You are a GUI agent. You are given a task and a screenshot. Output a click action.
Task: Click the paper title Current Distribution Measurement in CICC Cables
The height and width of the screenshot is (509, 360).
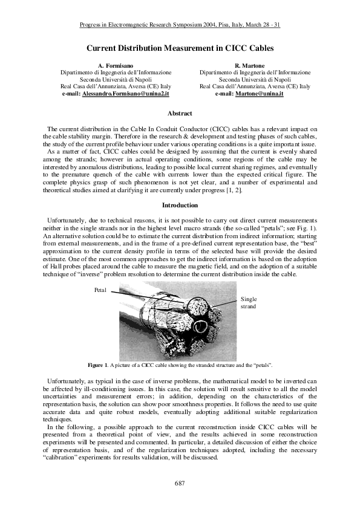[x=180, y=47]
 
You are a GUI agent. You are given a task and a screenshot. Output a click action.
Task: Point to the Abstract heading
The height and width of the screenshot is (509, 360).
[x=180, y=114]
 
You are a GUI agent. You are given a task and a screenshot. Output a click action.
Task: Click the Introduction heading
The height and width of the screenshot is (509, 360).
[x=180, y=205]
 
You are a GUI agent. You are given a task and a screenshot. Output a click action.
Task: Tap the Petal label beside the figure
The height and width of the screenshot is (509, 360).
[x=100, y=290]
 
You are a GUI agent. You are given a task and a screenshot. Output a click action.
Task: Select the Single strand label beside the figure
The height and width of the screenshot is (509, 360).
[x=249, y=303]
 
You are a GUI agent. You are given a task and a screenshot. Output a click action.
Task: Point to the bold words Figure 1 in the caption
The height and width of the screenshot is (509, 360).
[x=97, y=366]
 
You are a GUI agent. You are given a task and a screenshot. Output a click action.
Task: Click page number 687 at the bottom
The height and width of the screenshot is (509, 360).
[x=180, y=484]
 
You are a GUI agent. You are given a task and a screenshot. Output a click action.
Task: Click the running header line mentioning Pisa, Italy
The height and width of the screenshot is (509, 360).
[x=180, y=25]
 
